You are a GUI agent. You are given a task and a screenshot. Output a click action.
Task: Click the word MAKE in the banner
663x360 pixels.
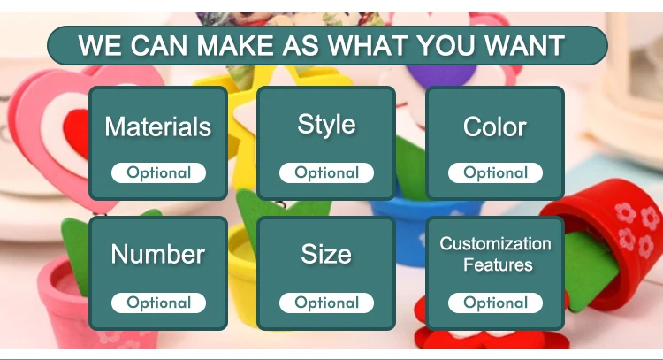(x=234, y=45)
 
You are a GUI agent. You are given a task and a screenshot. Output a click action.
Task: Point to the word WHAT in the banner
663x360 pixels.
(x=368, y=45)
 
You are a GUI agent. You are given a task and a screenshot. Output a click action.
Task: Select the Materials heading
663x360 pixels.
(x=158, y=126)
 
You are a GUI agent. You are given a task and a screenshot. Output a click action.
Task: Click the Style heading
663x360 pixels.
(x=326, y=126)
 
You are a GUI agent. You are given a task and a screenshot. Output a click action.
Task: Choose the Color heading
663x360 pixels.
(x=495, y=126)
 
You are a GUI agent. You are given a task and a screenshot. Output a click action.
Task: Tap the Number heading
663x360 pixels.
(x=158, y=254)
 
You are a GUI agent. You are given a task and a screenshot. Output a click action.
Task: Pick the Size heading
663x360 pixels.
(x=326, y=254)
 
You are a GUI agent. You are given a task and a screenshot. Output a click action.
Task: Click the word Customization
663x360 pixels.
(x=495, y=243)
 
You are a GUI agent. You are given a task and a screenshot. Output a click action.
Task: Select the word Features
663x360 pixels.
(x=498, y=264)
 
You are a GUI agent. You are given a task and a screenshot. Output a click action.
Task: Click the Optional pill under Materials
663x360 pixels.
(x=158, y=173)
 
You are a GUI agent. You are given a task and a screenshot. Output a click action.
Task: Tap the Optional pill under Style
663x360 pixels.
(x=326, y=173)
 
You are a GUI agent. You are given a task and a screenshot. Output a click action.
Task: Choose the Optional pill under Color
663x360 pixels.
(x=495, y=173)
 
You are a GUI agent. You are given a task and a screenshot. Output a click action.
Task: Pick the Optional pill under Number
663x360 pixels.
(x=158, y=303)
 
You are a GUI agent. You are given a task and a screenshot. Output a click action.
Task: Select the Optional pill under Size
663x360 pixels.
(x=326, y=303)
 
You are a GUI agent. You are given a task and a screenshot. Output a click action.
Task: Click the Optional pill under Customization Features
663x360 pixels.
(x=495, y=303)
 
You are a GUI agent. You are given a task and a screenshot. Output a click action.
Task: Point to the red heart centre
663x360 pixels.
(x=77, y=134)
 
